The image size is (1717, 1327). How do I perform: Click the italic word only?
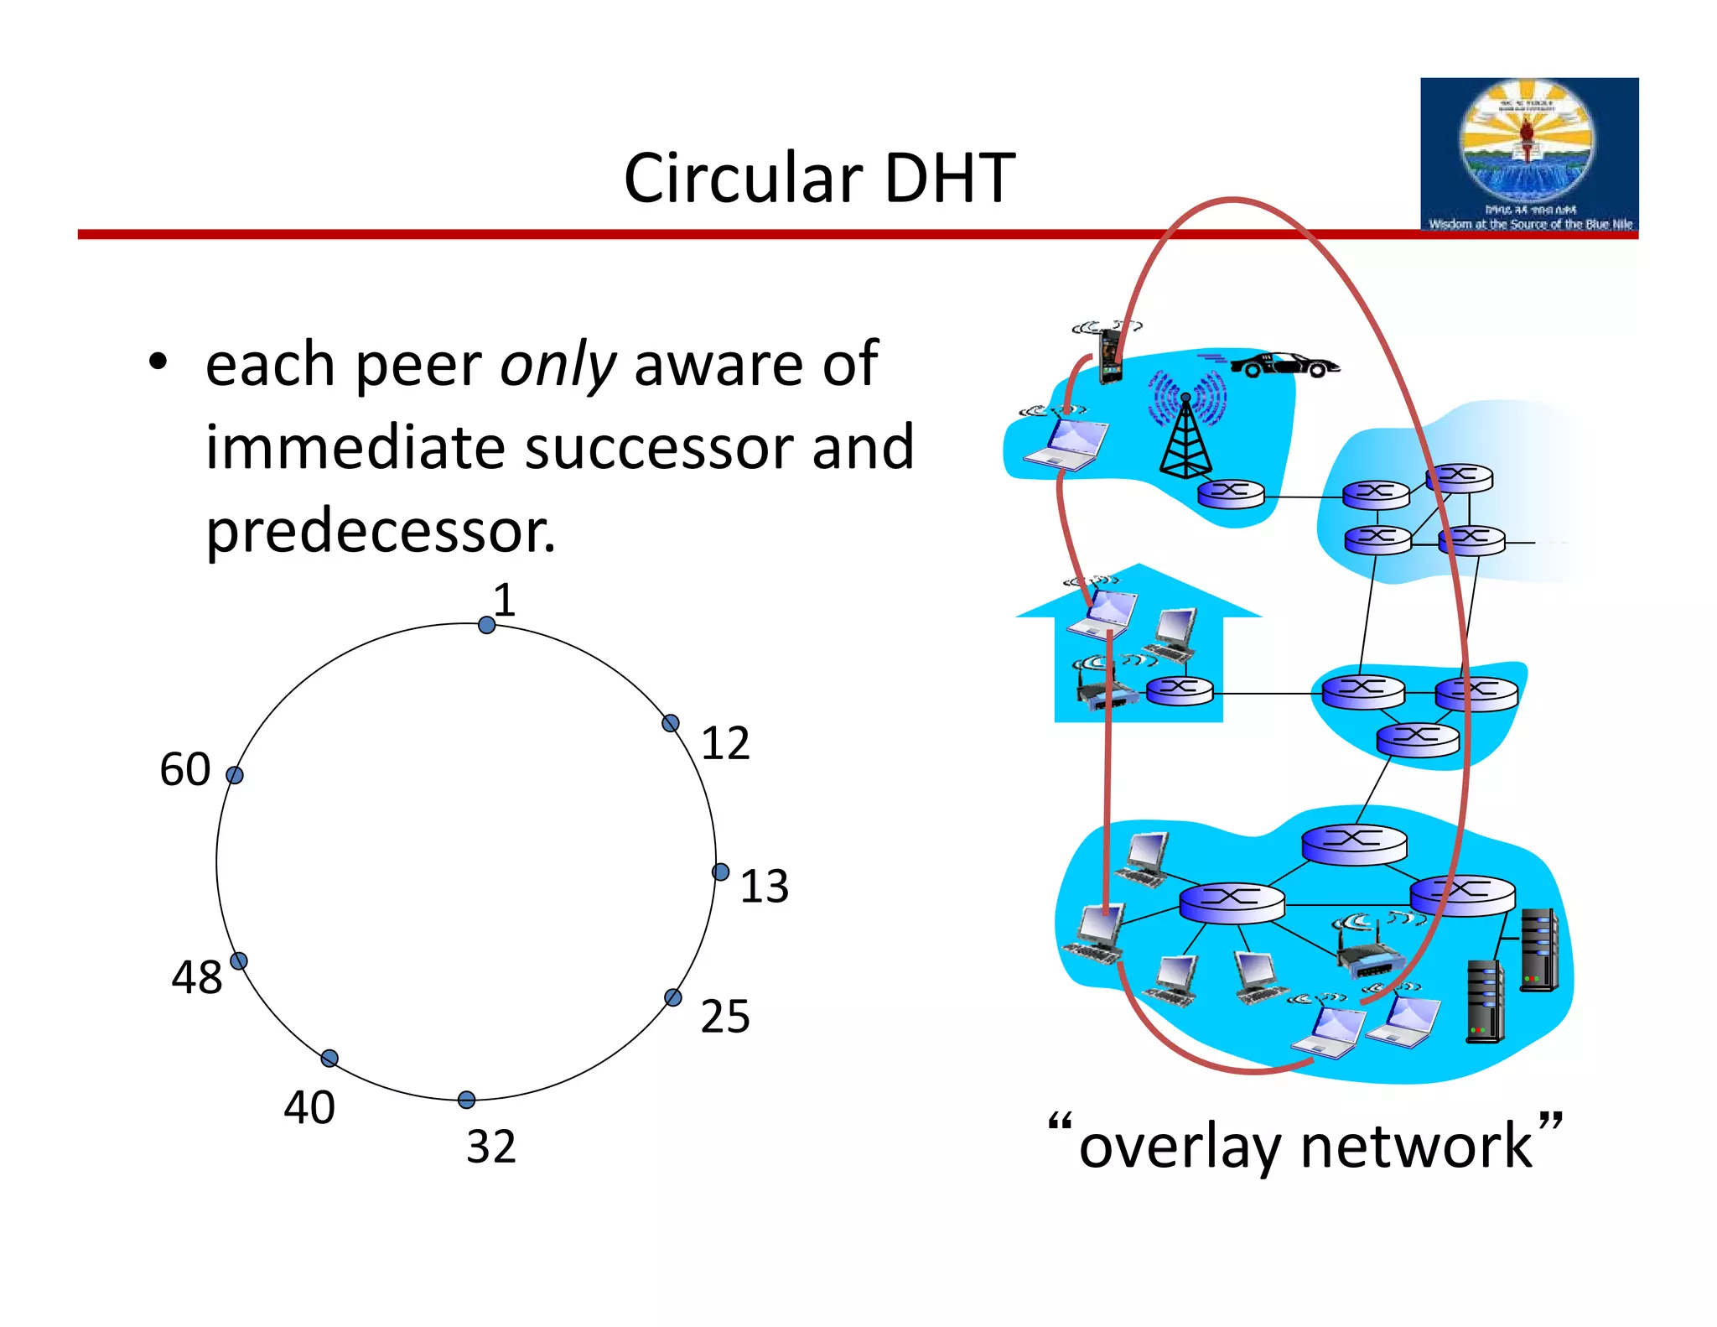[x=558, y=365]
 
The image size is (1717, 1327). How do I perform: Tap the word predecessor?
[x=380, y=532]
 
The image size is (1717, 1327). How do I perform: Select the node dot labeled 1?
[x=486, y=625]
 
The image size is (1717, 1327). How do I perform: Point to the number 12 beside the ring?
[x=725, y=743]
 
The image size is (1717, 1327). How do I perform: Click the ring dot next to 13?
[x=720, y=872]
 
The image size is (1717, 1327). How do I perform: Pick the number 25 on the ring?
[x=725, y=1017]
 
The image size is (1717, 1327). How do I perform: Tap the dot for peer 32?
[x=467, y=1100]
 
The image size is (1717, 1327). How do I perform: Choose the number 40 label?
[x=309, y=1107]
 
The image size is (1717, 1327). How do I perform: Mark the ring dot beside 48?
[x=239, y=961]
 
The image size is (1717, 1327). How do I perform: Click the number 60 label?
[x=184, y=769]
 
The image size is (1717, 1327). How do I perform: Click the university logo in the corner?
[x=1528, y=154]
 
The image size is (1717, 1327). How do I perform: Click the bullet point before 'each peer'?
[x=158, y=363]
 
